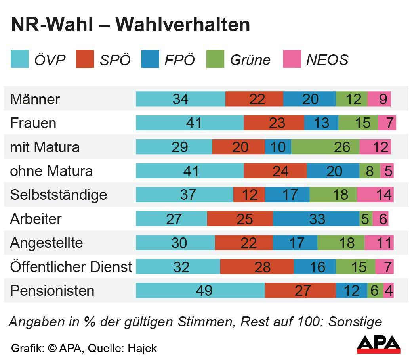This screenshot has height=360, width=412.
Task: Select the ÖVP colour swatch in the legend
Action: click(x=19, y=59)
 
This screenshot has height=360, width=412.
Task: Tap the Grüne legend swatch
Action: click(x=215, y=59)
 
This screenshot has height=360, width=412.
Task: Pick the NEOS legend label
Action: click(x=327, y=60)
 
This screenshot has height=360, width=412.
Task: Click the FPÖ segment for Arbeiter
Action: click(x=316, y=219)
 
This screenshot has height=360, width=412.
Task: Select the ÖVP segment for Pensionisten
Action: click(x=200, y=291)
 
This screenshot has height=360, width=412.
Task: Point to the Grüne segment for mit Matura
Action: click(x=325, y=147)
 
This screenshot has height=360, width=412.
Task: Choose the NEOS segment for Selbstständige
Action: click(x=375, y=195)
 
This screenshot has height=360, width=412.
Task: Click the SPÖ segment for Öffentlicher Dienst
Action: click(x=257, y=267)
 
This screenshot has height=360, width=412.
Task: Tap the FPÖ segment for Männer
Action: click(x=309, y=99)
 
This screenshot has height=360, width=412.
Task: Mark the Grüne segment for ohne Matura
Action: click(x=370, y=171)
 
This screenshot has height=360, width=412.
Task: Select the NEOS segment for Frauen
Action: click(x=387, y=123)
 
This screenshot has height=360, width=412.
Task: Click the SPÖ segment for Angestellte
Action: click(x=244, y=243)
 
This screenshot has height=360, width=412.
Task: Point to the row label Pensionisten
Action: click(x=52, y=291)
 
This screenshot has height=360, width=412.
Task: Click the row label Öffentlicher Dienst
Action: click(x=71, y=267)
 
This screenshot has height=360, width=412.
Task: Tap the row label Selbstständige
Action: click(x=59, y=195)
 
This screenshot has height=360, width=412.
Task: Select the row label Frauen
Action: click(x=33, y=123)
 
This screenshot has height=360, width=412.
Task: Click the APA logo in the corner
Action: click(x=378, y=344)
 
